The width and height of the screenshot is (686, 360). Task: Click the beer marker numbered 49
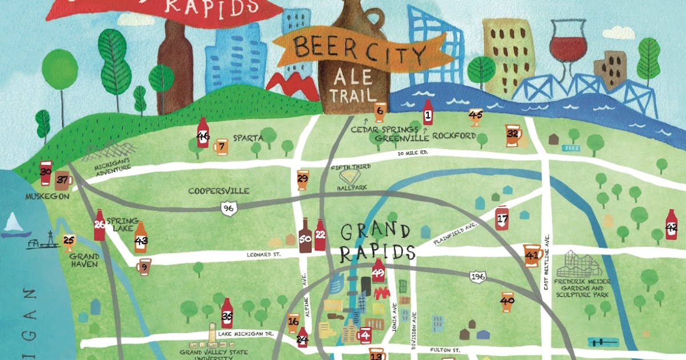tap(378, 274)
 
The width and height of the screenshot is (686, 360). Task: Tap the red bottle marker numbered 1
tap(427, 113)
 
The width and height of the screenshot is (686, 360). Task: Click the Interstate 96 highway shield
tap(229, 209)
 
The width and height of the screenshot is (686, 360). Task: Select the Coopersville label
tap(219, 191)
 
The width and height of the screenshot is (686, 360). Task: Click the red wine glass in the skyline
tap(568, 43)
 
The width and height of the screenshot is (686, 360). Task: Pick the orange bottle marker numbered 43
tap(141, 238)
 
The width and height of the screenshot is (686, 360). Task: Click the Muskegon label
tap(47, 196)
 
